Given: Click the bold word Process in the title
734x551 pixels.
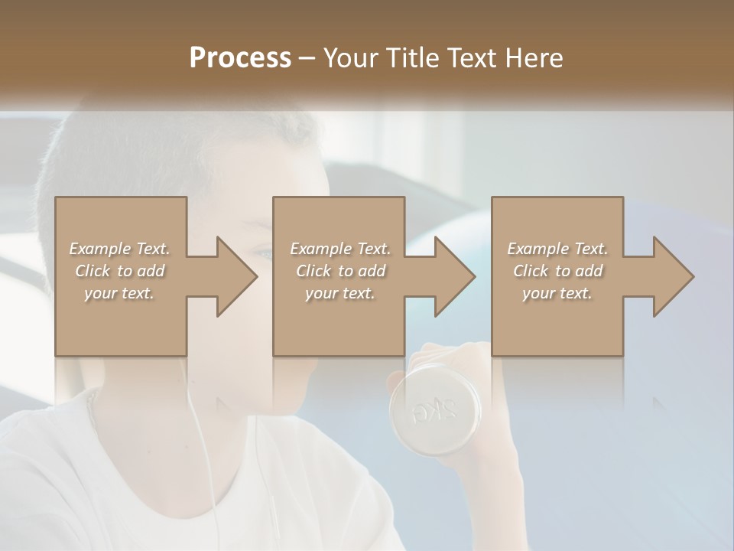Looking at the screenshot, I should [240, 58].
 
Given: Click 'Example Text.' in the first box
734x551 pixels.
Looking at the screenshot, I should [119, 249].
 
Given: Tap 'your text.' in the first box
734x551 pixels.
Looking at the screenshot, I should [119, 293].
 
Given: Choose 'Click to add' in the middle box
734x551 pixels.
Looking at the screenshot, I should [340, 271].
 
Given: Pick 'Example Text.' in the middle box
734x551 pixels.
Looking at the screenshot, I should [340, 249].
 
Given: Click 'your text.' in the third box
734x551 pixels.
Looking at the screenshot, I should [557, 293].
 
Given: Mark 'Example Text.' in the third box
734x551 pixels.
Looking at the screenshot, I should [557, 249].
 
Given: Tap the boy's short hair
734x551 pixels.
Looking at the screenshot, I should [153, 145].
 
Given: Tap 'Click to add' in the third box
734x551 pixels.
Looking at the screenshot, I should [557, 271].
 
